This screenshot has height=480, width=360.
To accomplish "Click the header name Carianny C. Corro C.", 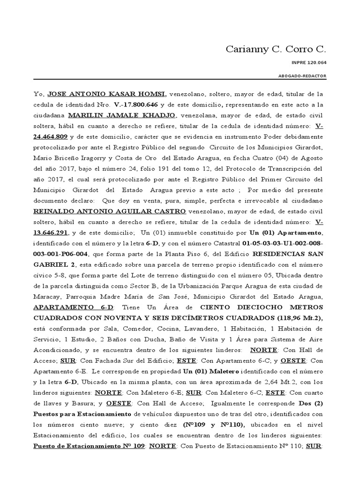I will click(276, 49).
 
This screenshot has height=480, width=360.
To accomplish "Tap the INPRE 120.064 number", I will click(312, 62).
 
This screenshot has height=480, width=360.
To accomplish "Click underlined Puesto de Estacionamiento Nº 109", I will click(89, 446).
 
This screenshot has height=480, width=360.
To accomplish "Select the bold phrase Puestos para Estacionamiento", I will click(82, 414).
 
